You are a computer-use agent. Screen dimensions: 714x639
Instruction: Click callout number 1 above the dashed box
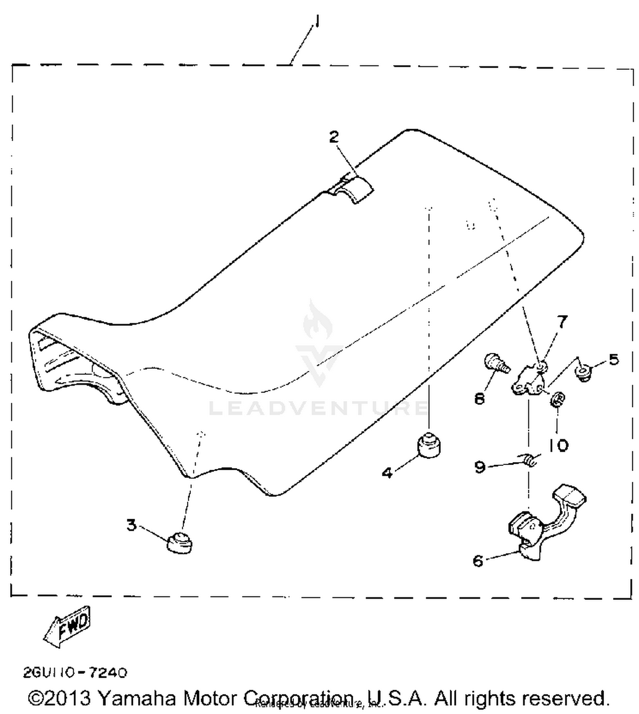pos(317,21)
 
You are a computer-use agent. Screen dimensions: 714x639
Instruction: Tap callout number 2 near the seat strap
pos(334,137)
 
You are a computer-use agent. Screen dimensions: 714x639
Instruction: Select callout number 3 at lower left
pos(132,525)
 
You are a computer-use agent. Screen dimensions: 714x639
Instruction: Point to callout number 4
pos(387,473)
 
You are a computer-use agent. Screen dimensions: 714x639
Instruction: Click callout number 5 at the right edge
pos(613,360)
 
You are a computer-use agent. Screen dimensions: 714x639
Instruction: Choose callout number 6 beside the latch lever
pos(478,561)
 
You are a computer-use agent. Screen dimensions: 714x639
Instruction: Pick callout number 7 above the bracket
pos(563,322)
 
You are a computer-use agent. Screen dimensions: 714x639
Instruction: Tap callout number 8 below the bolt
pos(480,399)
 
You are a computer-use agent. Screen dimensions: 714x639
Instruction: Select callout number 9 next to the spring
pos(480,467)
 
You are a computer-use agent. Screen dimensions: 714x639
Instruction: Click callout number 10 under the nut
pos(558,446)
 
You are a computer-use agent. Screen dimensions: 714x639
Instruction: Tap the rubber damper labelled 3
pos(180,544)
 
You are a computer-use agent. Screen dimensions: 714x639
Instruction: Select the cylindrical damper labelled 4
pos(429,445)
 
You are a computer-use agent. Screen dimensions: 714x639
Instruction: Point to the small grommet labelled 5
pos(584,373)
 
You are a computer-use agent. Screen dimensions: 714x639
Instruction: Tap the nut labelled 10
pos(558,399)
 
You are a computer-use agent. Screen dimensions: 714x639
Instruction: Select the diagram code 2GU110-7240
pos(75,673)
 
